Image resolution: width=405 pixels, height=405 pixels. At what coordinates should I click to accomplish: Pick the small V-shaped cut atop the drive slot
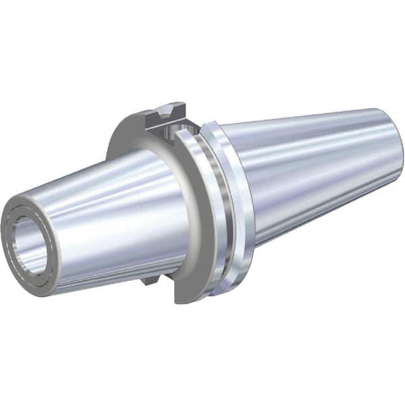point(167,108)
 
